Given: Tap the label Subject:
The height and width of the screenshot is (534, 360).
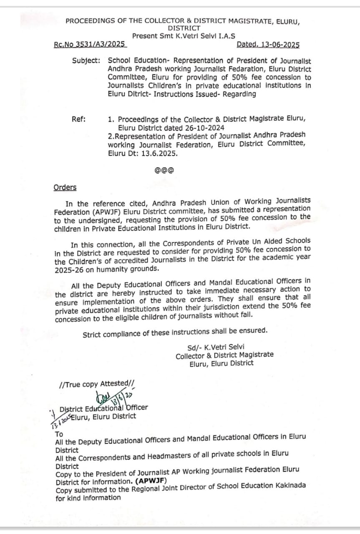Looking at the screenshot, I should (x=86, y=60).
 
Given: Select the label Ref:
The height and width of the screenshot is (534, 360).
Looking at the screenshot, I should (x=79, y=119).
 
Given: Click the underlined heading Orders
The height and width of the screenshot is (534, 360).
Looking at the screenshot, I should (x=65, y=187).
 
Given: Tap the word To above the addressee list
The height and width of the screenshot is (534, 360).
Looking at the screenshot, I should (x=59, y=434).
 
